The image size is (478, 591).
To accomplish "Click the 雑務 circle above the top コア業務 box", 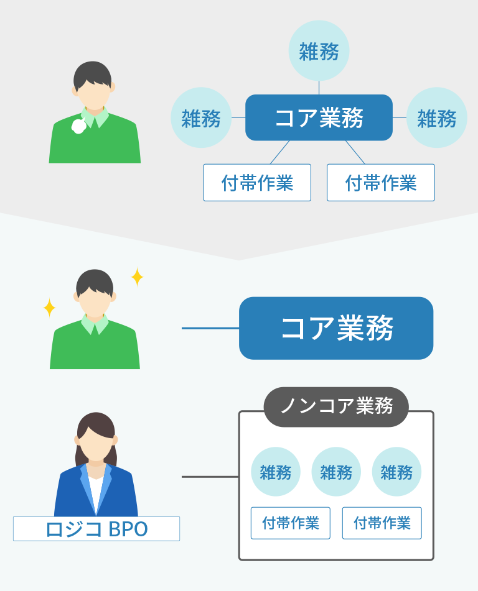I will tap(319, 51).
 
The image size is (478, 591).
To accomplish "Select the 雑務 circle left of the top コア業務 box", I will tap(201, 117).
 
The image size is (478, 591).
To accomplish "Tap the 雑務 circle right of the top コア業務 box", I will tap(437, 117).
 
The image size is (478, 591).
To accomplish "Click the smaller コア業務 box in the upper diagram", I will tap(319, 117).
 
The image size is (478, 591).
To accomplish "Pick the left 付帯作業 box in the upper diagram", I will tap(257, 183).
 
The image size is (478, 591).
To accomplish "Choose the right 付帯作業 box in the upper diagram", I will tap(381, 183).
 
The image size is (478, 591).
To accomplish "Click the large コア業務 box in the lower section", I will tap(336, 328).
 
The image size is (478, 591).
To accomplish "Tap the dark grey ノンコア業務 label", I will tap(336, 406).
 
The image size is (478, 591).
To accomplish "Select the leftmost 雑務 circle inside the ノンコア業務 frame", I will tap(276, 472).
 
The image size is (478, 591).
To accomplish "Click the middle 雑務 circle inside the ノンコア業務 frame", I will tap(336, 472).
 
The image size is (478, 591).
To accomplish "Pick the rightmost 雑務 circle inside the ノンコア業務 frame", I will tap(396, 472).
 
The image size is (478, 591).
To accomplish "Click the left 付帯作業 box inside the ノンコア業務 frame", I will tap(291, 523).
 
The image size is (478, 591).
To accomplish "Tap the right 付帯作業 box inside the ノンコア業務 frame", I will tap(382, 523).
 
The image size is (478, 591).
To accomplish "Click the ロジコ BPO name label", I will tap(96, 529).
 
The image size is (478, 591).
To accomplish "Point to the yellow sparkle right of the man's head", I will tap(137, 277).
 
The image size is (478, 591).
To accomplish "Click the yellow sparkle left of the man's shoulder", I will tap(49, 308).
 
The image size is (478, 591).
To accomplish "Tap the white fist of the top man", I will tap(79, 126).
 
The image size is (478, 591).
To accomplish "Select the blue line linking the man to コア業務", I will tap(210, 328).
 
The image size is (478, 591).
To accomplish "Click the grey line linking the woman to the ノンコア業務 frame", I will tap(210, 477).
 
